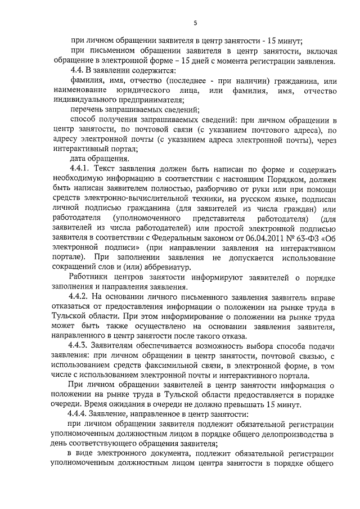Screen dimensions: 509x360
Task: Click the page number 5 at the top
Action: (x=195, y=22)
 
